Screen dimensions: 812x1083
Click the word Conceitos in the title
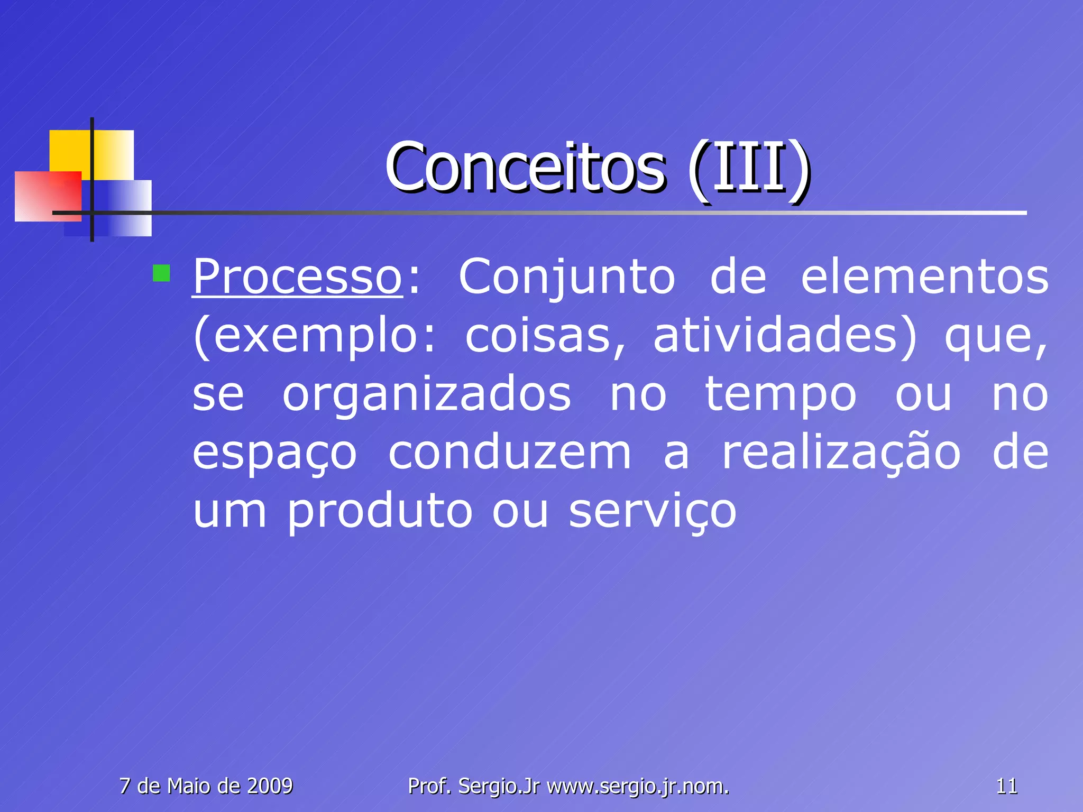pyautogui.click(x=525, y=168)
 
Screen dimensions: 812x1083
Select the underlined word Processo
pyautogui.click(x=297, y=277)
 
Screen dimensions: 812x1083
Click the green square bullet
pyautogui.click(x=161, y=273)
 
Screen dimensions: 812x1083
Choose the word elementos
pyautogui.click(x=924, y=277)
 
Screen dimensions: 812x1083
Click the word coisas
pyautogui.click(x=545, y=336)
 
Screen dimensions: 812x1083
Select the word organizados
pyautogui.click(x=427, y=395)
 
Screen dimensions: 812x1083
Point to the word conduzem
pyautogui.click(x=510, y=454)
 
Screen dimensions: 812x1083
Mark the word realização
pyautogui.click(x=841, y=454)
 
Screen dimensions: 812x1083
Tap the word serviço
pyautogui.click(x=653, y=512)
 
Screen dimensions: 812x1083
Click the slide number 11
pyautogui.click(x=1006, y=787)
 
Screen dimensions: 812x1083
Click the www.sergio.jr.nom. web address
pyautogui.click(x=638, y=787)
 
